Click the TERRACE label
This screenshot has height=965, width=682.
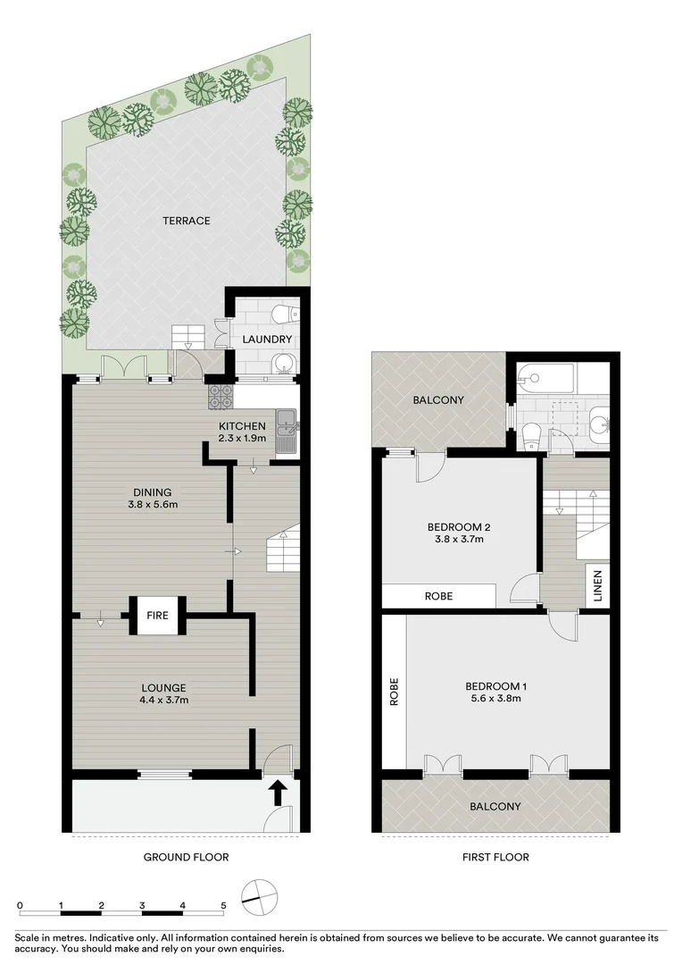186,221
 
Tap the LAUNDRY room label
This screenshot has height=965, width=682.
267,340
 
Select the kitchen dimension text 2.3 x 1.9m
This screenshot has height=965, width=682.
242,439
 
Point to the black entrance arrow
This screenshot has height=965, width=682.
278,790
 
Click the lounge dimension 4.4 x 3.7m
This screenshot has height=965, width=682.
163,700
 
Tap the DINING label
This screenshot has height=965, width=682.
152,491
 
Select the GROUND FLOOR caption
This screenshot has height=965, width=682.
187,857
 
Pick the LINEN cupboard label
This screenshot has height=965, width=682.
597,586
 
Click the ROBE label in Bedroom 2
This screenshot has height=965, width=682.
437,596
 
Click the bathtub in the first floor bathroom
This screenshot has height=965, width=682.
547,376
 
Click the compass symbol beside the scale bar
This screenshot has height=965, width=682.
260,896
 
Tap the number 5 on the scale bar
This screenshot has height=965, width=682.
223,905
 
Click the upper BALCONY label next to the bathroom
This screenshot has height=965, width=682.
437,400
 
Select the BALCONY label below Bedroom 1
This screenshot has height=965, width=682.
495,806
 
